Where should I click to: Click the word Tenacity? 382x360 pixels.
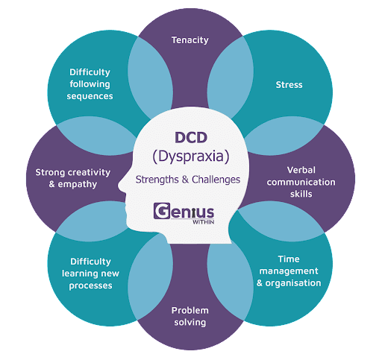[x=190, y=40]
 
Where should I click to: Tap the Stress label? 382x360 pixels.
[x=289, y=85]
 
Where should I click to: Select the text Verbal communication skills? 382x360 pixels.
[x=301, y=182]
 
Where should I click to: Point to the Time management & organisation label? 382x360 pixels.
[x=289, y=271]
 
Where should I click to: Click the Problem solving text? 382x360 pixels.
[x=190, y=316]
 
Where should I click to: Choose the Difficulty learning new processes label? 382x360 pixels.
[x=90, y=274]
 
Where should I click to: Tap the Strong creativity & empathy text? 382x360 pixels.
[x=72, y=178]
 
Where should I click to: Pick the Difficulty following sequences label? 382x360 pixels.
[x=90, y=84]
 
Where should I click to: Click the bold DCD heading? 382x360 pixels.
[x=191, y=138]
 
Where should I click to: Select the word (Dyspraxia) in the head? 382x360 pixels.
[x=191, y=157]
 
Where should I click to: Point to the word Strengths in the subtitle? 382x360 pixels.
[x=157, y=180]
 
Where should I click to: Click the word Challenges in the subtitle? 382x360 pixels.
[x=216, y=180]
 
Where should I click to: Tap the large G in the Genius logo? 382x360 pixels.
[x=162, y=211]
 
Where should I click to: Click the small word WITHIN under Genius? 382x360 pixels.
[x=203, y=222]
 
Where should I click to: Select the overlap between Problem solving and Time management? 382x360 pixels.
[x=230, y=281]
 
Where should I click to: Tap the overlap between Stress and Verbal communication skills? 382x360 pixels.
[x=284, y=136]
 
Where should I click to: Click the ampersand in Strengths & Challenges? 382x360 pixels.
[x=185, y=180]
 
